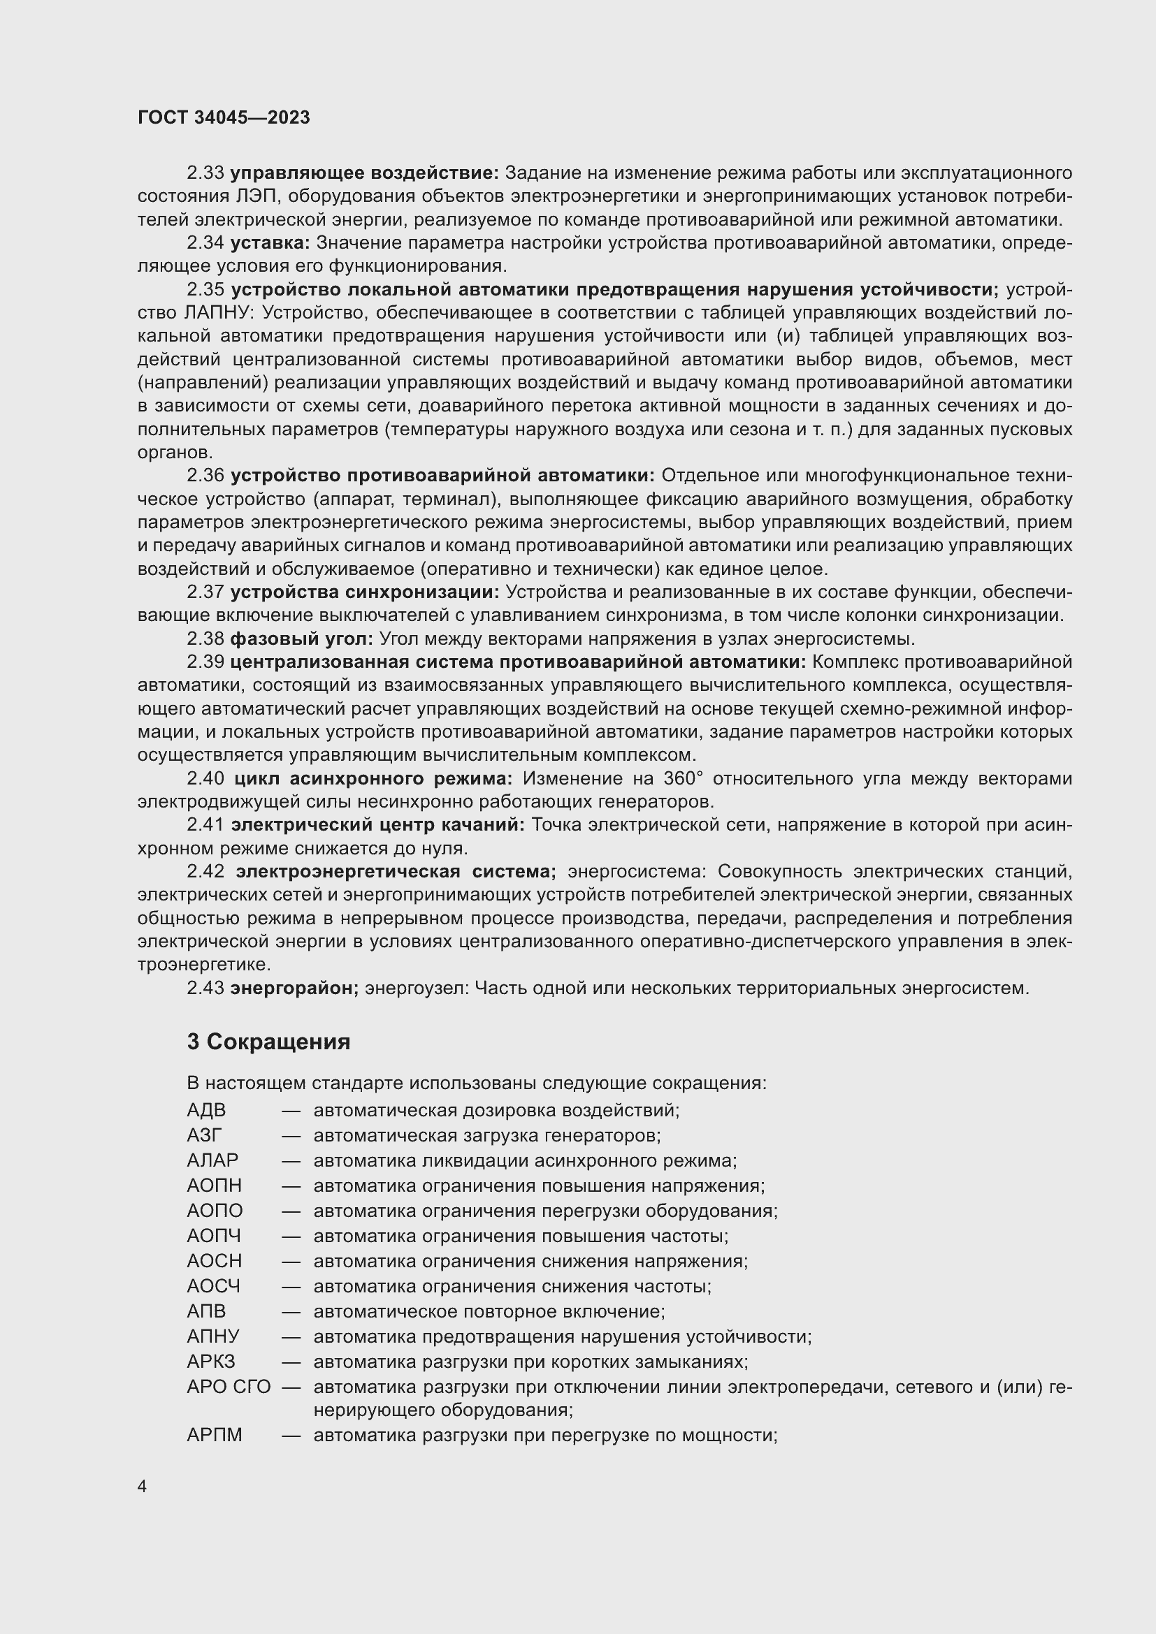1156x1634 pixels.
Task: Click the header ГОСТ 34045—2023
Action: coord(224,118)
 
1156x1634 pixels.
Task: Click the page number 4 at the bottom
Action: coord(143,1487)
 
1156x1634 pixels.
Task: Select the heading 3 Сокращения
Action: coord(268,1042)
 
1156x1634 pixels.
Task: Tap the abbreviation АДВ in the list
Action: coord(205,1110)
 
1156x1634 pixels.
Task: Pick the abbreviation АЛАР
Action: coord(212,1161)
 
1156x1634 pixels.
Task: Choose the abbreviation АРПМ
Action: coord(215,1436)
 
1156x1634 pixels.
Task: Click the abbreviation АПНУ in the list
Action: coord(213,1336)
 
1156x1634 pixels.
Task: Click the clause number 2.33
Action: coord(205,173)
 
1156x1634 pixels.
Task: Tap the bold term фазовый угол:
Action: coord(301,639)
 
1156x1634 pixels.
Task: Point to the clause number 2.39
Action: coord(205,662)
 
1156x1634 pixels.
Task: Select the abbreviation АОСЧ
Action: coord(214,1286)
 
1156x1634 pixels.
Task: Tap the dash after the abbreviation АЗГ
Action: coord(291,1136)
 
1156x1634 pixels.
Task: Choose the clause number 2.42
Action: coord(205,871)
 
